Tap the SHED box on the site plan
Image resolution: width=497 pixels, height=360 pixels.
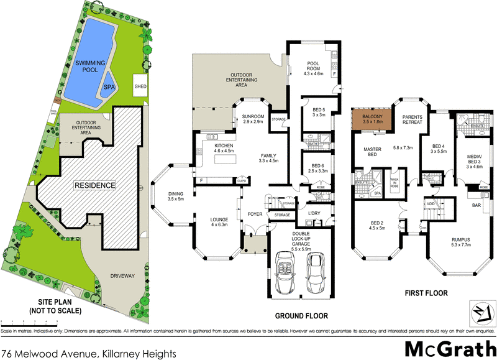[140, 86]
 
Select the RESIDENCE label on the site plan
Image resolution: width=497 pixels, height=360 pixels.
[96, 185]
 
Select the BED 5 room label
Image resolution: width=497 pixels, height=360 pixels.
[319, 112]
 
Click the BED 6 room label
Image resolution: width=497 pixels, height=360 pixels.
[319, 167]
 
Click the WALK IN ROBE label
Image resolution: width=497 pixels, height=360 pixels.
[394, 183]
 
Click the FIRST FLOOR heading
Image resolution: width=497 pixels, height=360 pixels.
[426, 292]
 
